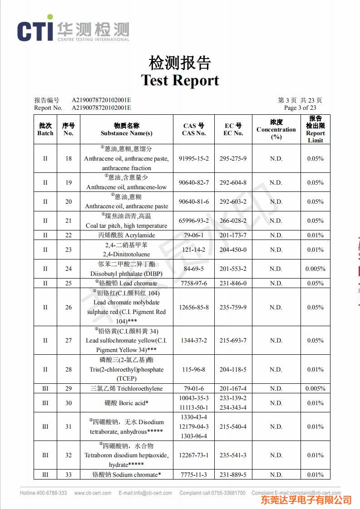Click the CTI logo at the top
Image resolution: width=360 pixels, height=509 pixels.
(x=73, y=30)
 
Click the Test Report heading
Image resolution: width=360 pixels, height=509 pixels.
(x=180, y=80)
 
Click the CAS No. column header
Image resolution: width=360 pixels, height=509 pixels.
(x=194, y=129)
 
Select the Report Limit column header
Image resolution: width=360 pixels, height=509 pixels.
(x=315, y=129)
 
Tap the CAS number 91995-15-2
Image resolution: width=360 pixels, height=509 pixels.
(x=194, y=159)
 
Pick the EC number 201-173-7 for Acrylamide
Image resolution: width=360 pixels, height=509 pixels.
(x=233, y=235)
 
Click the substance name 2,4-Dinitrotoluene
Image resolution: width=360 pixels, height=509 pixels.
(x=127, y=254)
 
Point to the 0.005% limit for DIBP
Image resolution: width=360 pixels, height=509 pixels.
(x=315, y=269)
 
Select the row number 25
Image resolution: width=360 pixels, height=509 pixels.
(x=68, y=283)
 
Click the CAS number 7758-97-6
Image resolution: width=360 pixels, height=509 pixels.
(x=194, y=283)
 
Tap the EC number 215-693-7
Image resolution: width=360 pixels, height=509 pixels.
(x=233, y=340)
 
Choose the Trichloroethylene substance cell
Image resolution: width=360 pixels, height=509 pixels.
(x=127, y=388)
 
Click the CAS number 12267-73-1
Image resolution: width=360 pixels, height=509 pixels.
(x=194, y=455)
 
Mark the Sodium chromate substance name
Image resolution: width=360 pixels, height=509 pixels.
(x=127, y=475)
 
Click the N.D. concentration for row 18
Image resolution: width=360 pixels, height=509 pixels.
(x=276, y=159)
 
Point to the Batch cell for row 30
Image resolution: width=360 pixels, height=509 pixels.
(x=45, y=403)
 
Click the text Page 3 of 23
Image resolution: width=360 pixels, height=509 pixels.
(x=300, y=108)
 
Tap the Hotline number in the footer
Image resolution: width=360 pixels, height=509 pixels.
(x=43, y=493)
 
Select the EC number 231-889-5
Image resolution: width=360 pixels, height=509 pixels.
(x=233, y=475)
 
